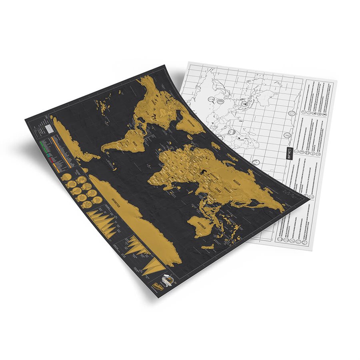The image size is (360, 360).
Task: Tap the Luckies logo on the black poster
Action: pyautogui.click(x=154, y=282)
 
